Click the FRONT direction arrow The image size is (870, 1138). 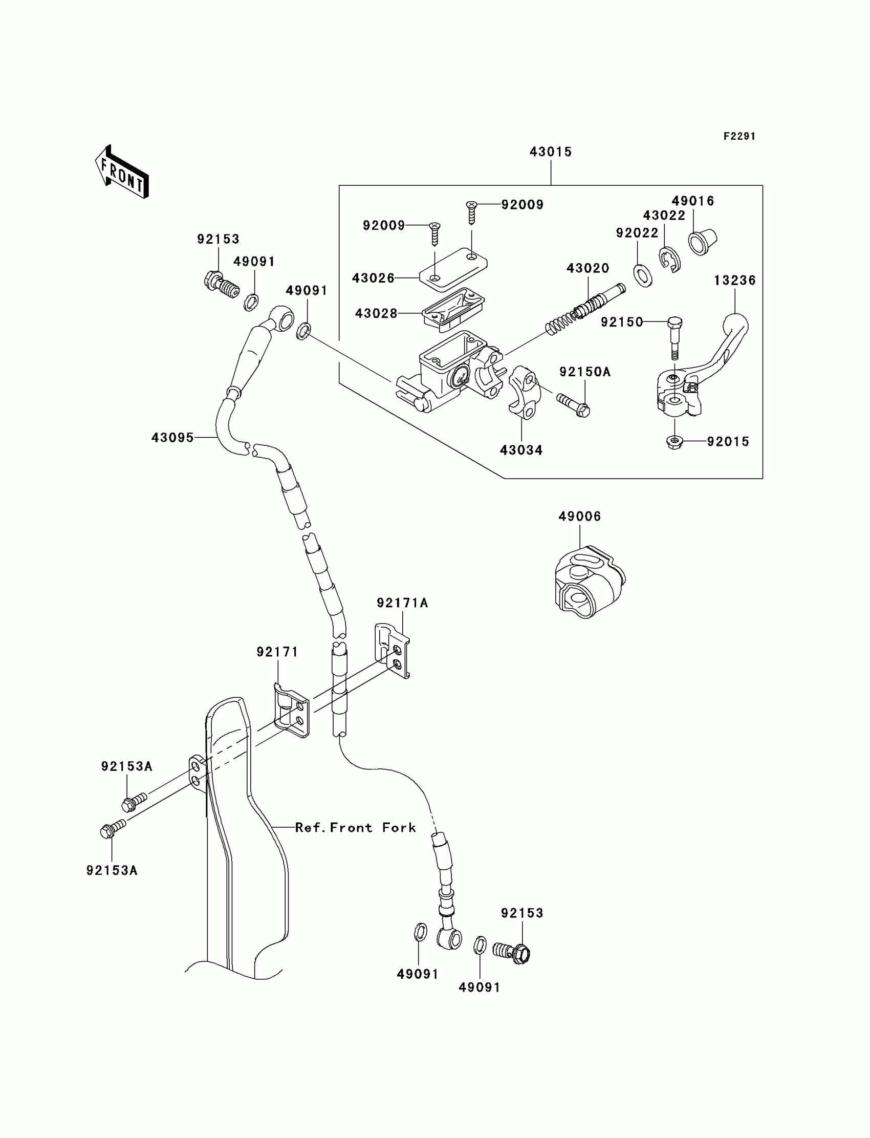122,172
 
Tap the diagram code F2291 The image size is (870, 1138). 739,136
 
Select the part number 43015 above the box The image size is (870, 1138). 550,152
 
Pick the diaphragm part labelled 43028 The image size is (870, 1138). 452,309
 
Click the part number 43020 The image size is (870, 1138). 588,268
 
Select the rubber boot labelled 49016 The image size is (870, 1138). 702,242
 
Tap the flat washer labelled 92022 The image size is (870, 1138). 643,275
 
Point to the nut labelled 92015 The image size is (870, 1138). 675,442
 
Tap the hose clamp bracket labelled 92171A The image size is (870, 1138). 392,651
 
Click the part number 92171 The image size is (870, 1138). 277,652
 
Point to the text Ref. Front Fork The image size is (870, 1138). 355,828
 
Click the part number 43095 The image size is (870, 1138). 172,438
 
